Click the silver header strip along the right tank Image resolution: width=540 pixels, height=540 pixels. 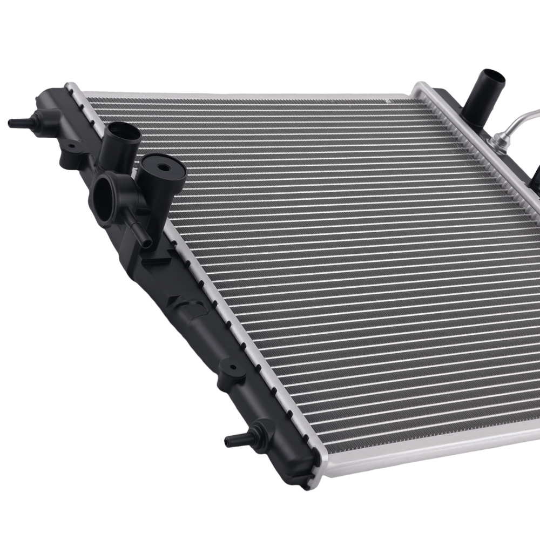(x=486, y=162)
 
